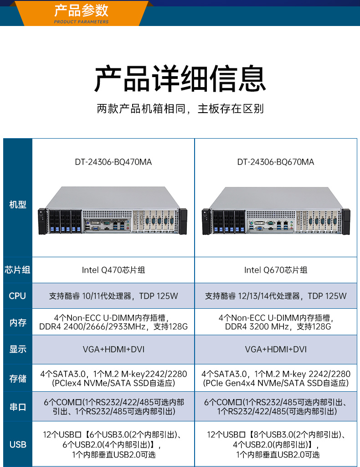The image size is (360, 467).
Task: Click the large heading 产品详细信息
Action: pyautogui.click(x=180, y=78)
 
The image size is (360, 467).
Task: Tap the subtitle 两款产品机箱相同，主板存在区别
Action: pyautogui.click(x=180, y=109)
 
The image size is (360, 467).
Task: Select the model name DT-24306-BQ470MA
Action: pyautogui.click(x=113, y=162)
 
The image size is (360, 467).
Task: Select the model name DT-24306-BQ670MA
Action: pyautogui.click(x=276, y=162)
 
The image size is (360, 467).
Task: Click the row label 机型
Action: pyautogui.click(x=18, y=204)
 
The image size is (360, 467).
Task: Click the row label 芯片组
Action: pyautogui.click(x=18, y=270)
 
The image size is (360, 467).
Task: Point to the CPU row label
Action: pyautogui.click(x=18, y=296)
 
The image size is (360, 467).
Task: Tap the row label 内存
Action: pyautogui.click(x=18, y=322)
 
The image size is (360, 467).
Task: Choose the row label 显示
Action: pyautogui.click(x=18, y=349)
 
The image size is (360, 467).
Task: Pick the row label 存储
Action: pyautogui.click(x=18, y=378)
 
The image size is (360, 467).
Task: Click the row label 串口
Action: pyautogui.click(x=18, y=407)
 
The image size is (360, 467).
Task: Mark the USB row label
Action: pyautogui.click(x=18, y=444)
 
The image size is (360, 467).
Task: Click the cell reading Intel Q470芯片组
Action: pyautogui.click(x=113, y=270)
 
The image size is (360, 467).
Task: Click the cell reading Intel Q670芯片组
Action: pyautogui.click(x=276, y=270)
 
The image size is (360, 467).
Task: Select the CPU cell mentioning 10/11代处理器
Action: pyautogui.click(x=113, y=296)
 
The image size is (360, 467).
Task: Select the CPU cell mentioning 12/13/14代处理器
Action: pyautogui.click(x=276, y=296)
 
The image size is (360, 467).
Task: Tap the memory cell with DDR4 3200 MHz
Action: pyautogui.click(x=276, y=322)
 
